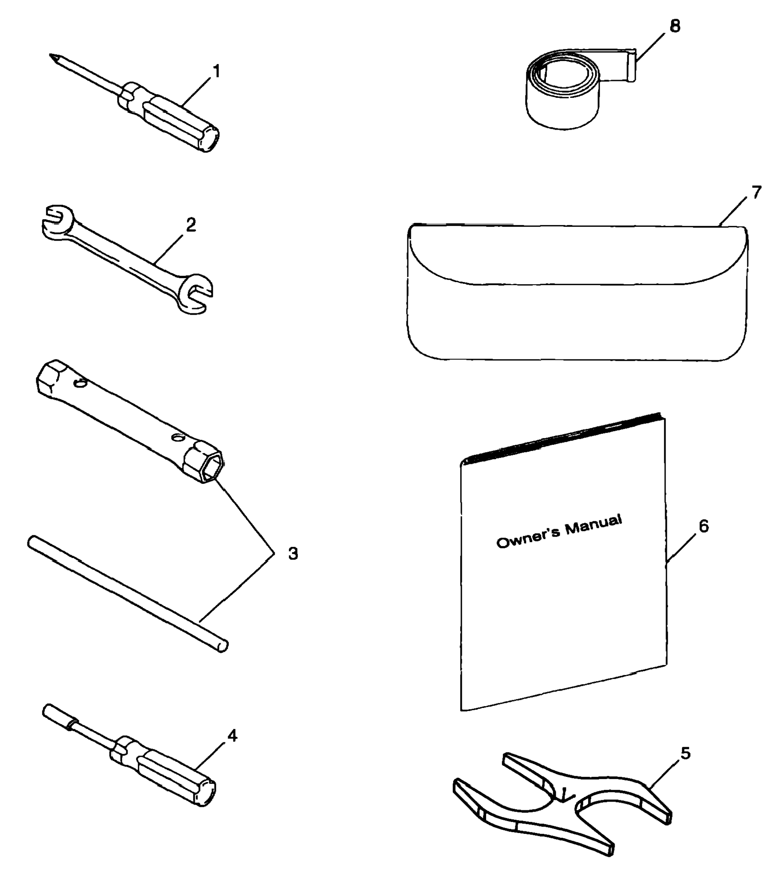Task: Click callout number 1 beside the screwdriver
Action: [216, 71]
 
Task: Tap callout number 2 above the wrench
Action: [191, 225]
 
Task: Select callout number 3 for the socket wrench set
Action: [293, 554]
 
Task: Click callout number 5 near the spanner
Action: [685, 753]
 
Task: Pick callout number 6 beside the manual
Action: [703, 526]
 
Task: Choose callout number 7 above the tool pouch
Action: [756, 192]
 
